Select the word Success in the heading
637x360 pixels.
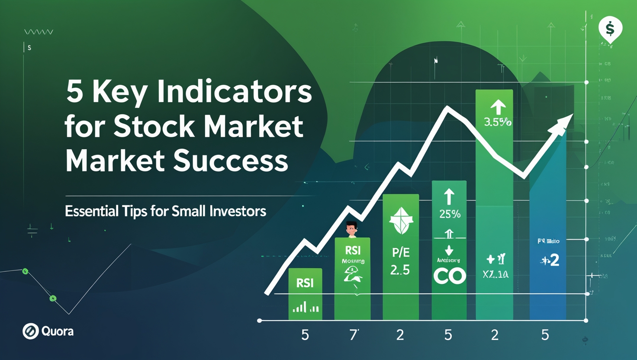(x=231, y=161)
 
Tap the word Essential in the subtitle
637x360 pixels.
(x=91, y=211)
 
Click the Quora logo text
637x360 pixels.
(x=57, y=331)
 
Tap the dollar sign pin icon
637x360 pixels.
(x=610, y=29)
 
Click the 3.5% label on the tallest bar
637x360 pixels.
(x=497, y=122)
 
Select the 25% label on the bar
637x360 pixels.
(x=450, y=214)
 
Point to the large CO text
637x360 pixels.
(x=450, y=276)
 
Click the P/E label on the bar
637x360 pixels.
(x=400, y=253)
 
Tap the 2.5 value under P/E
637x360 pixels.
(x=400, y=270)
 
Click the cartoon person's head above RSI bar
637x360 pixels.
(x=351, y=228)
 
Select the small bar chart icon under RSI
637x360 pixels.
(x=306, y=308)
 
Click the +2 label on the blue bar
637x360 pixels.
(x=550, y=260)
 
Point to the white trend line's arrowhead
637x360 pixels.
(x=563, y=122)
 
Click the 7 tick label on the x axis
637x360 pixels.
(x=354, y=334)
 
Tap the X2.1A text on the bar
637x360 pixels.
(x=495, y=274)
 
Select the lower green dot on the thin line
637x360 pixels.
(x=53, y=298)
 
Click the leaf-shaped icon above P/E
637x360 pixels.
(x=400, y=220)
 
